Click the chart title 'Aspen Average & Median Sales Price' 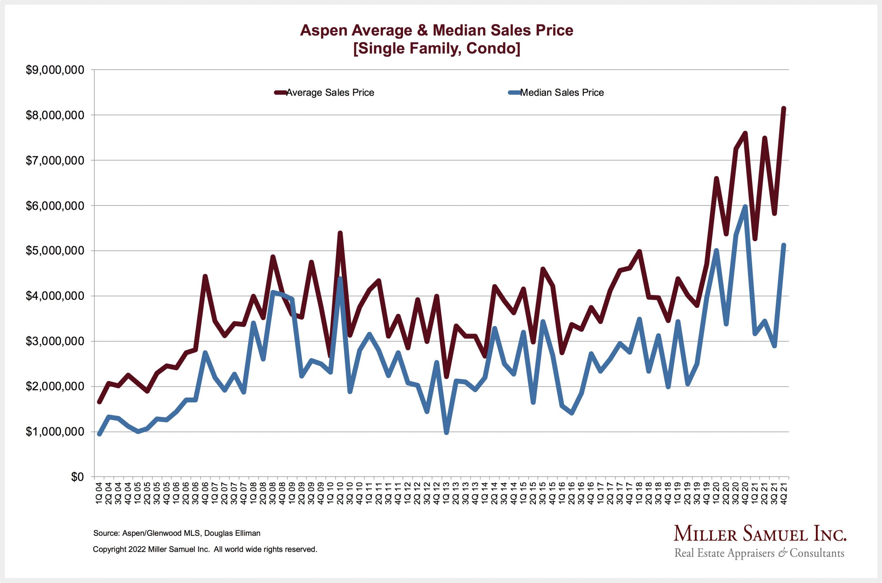pos(436,30)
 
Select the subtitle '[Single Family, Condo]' pos(436,48)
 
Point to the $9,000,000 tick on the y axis pos(55,70)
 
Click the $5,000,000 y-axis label pos(55,251)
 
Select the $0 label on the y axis pos(78,477)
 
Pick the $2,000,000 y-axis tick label pos(55,387)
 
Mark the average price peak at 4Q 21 pos(783,108)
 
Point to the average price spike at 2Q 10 pos(340,233)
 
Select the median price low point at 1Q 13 pos(446,432)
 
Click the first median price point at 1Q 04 pos(99,434)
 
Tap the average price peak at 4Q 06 pos(205,276)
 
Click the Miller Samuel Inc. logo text pos(760,534)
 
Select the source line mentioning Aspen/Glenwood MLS pos(177,533)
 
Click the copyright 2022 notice pos(205,549)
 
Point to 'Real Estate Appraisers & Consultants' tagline pos(759,553)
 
